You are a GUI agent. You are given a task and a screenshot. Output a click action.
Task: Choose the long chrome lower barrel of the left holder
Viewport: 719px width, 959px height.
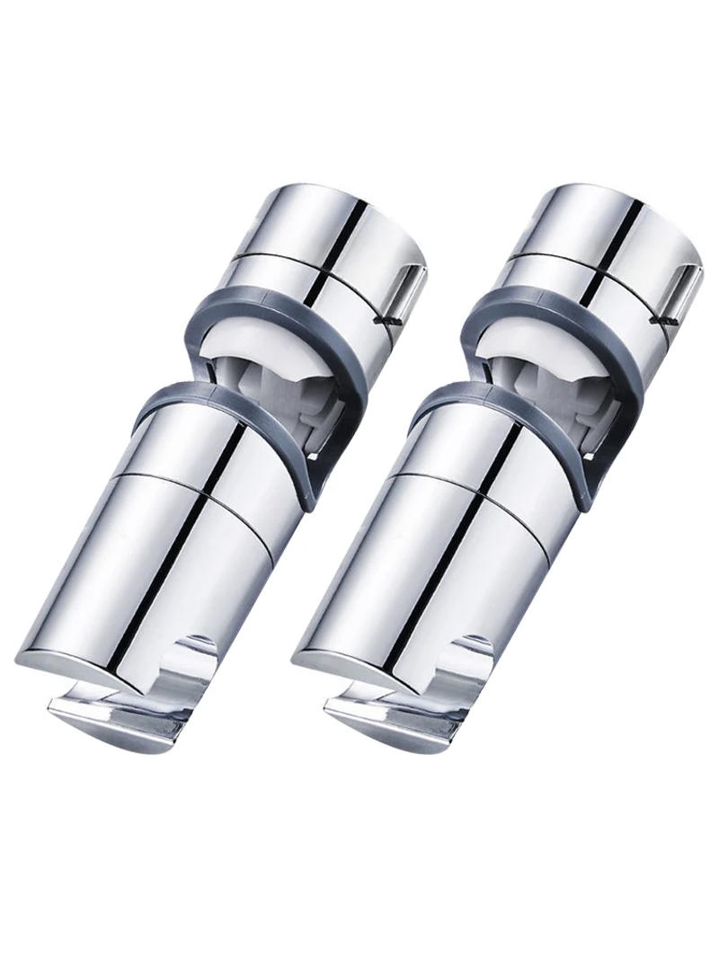207,557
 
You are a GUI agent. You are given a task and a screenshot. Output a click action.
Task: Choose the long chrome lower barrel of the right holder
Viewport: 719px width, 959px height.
485,557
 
